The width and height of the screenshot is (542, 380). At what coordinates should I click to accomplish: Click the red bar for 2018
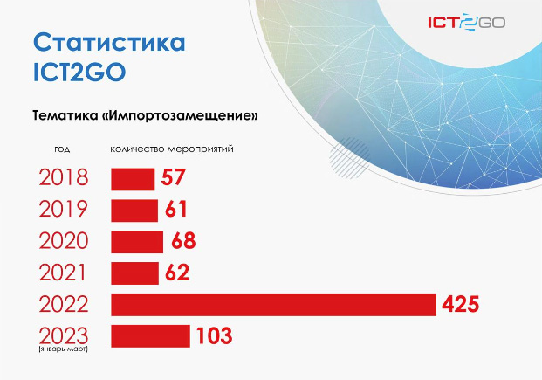coord(133,179)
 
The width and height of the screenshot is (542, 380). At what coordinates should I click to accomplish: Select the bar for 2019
coord(134,211)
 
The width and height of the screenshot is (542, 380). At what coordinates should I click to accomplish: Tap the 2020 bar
coord(137,242)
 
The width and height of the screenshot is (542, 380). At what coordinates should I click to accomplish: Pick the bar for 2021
coord(134,273)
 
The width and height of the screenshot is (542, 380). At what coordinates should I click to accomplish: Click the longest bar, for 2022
coord(273,305)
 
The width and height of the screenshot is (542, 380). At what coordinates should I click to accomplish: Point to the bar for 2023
coord(150,336)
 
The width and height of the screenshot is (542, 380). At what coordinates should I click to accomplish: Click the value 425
coord(461,305)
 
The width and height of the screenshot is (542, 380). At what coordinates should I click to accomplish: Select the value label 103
coord(215,336)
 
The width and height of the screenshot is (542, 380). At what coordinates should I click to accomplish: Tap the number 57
coord(173,177)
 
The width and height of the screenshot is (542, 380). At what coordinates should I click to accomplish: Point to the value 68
coord(183,241)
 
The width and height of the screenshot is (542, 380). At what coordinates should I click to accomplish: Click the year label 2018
coord(64,177)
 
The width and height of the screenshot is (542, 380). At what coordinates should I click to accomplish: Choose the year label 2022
coord(64,305)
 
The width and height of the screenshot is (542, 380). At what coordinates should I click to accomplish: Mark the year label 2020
coord(64,241)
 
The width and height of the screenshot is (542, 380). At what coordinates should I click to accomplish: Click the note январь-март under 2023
coord(64,349)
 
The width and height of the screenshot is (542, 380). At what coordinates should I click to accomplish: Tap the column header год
coord(62,149)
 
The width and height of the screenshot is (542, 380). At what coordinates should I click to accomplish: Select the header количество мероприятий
coord(172,149)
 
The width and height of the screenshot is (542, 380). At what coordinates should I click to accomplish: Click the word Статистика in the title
coord(109,42)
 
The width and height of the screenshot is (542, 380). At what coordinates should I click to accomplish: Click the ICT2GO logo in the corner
coord(467,23)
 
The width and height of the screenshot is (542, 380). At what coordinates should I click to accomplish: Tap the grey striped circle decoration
coord(349,158)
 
